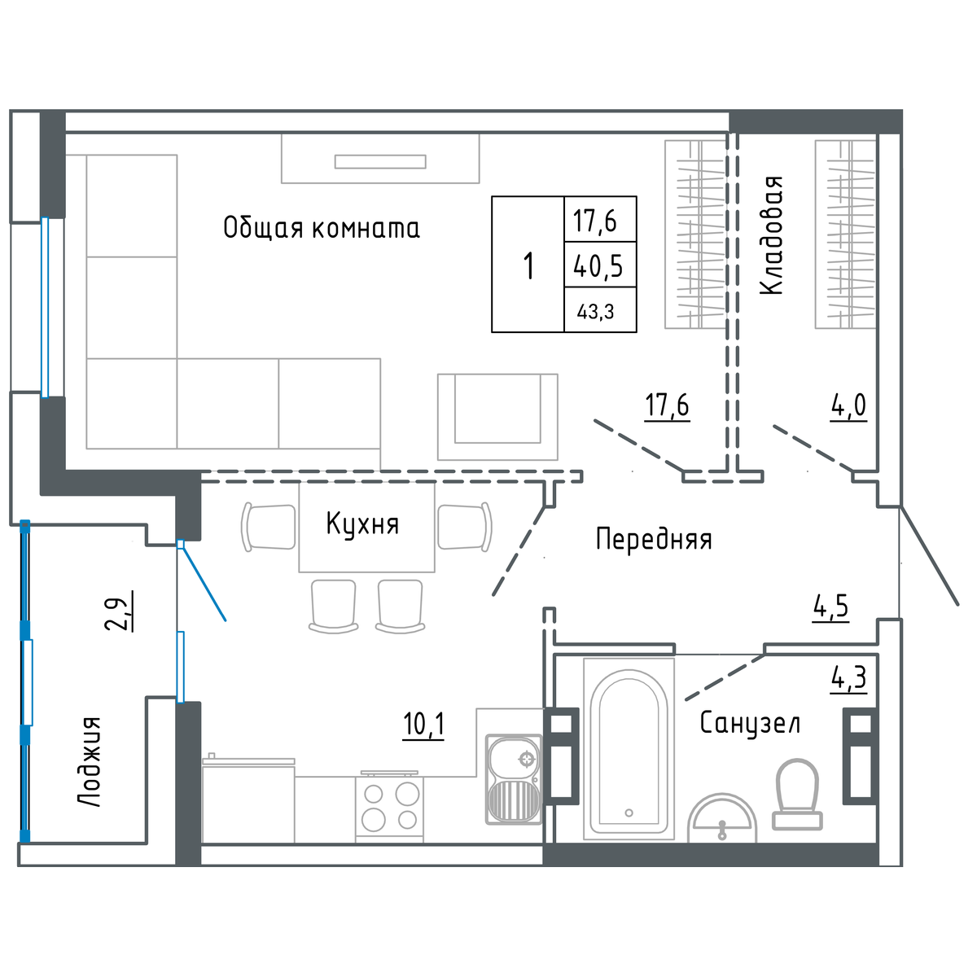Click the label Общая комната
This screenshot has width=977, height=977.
click(x=322, y=228)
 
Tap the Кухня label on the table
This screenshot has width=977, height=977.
click(x=362, y=524)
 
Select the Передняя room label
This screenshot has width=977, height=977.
click(x=654, y=539)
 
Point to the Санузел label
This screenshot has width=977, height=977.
click(x=750, y=723)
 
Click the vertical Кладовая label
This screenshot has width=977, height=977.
click(x=772, y=235)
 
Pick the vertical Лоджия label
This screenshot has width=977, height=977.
click(x=90, y=761)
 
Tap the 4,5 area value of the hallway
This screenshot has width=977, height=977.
click(x=831, y=607)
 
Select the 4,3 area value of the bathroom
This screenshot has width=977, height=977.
click(x=848, y=678)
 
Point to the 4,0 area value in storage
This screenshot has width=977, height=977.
click(x=848, y=406)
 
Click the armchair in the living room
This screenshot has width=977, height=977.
click(x=497, y=417)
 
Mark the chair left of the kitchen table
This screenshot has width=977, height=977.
click(x=268, y=527)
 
